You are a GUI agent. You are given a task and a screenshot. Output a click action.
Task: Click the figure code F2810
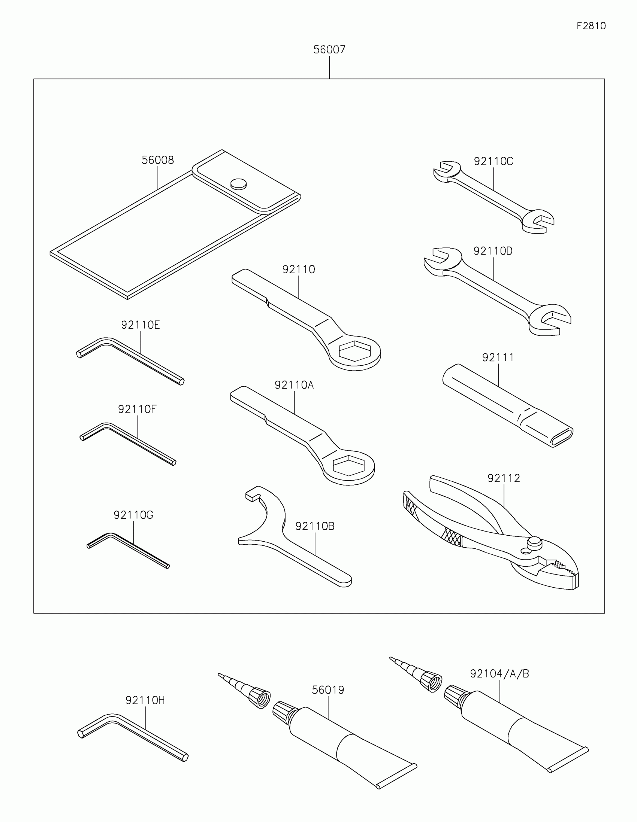pyautogui.click(x=591, y=26)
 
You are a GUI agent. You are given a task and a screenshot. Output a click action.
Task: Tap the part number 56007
pyautogui.click(x=329, y=50)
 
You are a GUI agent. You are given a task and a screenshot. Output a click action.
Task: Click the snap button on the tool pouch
pyautogui.click(x=238, y=184)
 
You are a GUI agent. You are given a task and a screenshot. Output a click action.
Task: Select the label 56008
pyautogui.click(x=157, y=160)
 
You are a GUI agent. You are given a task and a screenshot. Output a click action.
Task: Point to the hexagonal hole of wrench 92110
pyautogui.click(x=354, y=351)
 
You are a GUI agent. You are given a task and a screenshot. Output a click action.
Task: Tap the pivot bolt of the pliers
pyautogui.click(x=534, y=542)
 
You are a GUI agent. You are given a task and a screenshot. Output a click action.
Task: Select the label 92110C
pyautogui.click(x=493, y=161)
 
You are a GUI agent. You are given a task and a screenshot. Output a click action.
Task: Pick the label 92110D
pyautogui.click(x=493, y=251)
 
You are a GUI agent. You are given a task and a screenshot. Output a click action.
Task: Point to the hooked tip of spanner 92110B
pyautogui.click(x=252, y=495)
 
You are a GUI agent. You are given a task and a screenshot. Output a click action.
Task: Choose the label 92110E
pyautogui.click(x=141, y=325)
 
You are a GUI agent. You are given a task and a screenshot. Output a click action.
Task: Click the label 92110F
pyautogui.click(x=137, y=409)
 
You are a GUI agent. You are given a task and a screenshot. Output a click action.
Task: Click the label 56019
pyautogui.click(x=328, y=690)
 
